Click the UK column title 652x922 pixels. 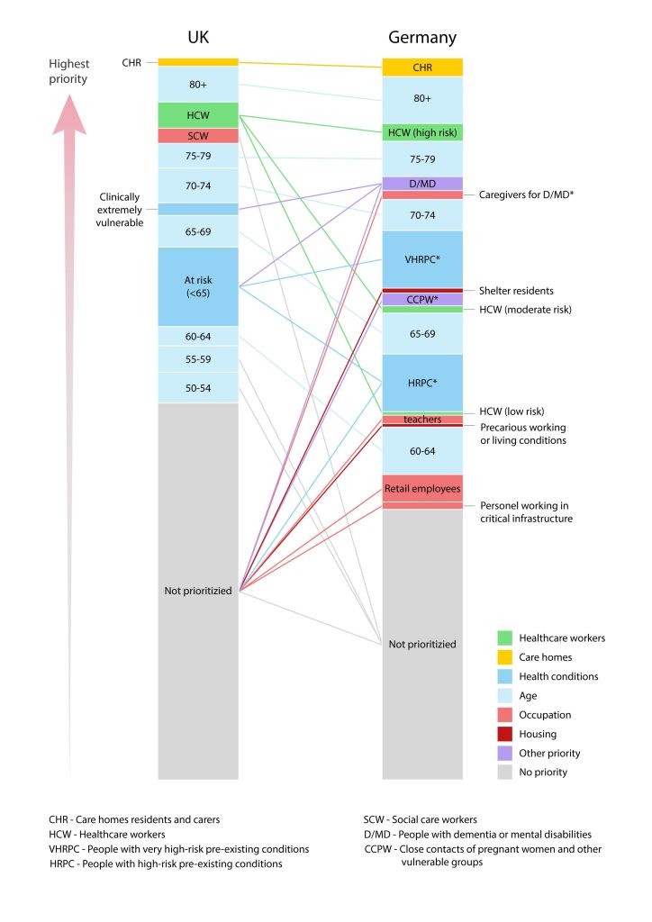point(198,37)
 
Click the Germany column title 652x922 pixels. point(422,38)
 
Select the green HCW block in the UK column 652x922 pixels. point(198,115)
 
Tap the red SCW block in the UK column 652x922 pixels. point(198,136)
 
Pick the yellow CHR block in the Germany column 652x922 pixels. point(422,67)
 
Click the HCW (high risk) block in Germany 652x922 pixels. point(422,132)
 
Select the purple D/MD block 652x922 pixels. point(422,184)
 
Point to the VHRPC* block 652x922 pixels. point(422,258)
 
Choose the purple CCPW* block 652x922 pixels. point(422,299)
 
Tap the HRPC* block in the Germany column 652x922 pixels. point(422,383)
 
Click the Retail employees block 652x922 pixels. point(422,488)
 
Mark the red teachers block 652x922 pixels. point(422,420)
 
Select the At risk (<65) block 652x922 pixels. point(198,286)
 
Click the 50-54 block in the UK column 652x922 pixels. point(198,388)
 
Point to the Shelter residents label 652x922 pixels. point(516,291)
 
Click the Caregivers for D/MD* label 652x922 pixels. point(526,194)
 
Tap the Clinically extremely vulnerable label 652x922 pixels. point(120,209)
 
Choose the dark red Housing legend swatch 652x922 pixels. point(505,734)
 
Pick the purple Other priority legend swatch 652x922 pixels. point(505,754)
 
